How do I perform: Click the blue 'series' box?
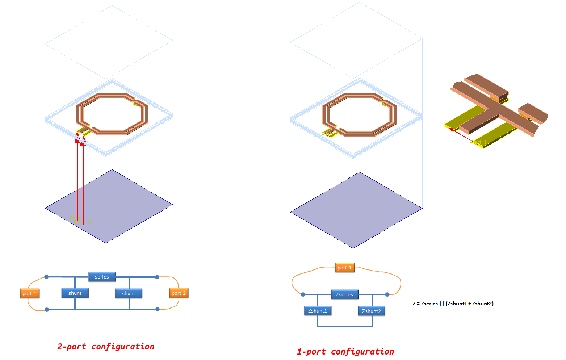(102, 277)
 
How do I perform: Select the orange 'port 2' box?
(179, 293)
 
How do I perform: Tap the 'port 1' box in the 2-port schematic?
(30, 293)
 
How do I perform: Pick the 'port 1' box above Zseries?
(344, 268)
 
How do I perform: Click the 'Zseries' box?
(344, 294)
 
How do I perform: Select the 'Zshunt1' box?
(318, 311)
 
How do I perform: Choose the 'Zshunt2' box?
(372, 311)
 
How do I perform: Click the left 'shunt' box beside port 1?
(75, 293)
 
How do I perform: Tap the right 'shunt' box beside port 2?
(129, 293)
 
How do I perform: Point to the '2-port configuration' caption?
(106, 347)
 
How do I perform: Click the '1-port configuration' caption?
(345, 352)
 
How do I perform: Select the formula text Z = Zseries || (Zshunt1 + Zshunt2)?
(453, 304)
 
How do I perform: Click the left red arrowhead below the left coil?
(77, 138)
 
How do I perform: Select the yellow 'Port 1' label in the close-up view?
(478, 142)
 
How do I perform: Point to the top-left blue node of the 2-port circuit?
(46, 277)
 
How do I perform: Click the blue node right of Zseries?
(387, 294)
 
